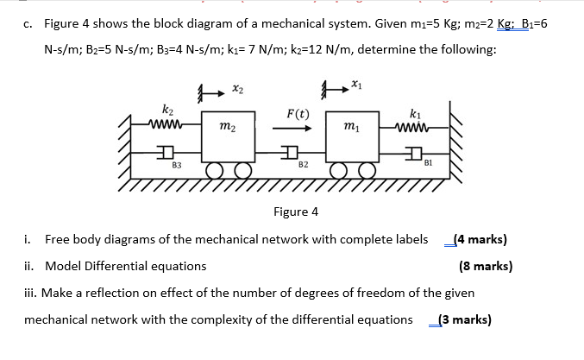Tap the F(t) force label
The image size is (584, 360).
[x=298, y=114]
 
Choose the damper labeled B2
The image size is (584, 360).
[x=292, y=152]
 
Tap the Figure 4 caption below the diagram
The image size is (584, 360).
[x=295, y=212]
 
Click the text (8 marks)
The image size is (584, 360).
[x=486, y=266]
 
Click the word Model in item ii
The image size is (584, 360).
[x=63, y=266]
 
